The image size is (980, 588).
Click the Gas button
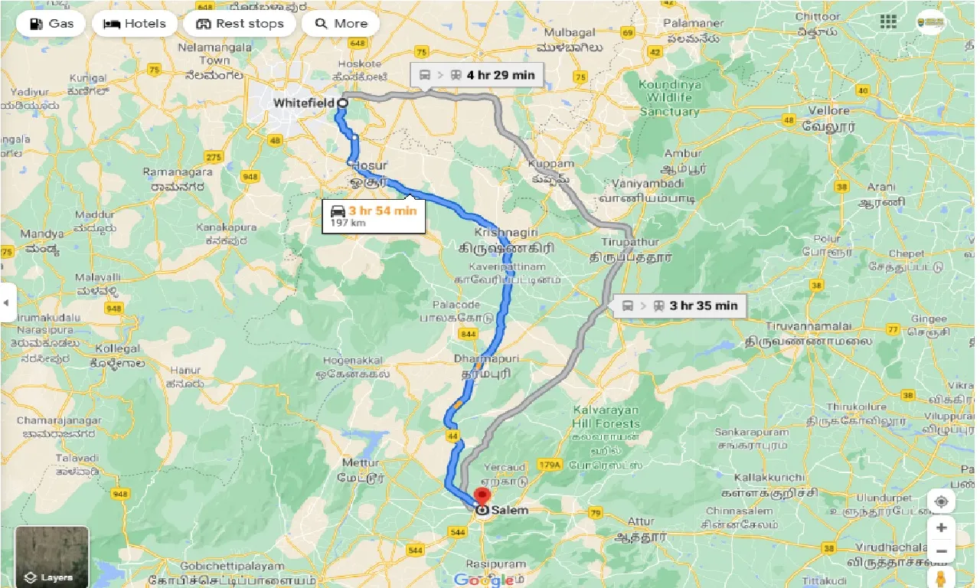click(51, 24)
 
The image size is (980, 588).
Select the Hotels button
click(135, 24)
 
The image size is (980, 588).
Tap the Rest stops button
click(240, 24)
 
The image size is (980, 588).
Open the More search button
click(341, 24)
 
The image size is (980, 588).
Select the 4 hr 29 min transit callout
click(476, 75)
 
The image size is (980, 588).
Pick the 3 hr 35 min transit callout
click(679, 305)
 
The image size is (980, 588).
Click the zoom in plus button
click(941, 528)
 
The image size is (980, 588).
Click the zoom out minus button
click(941, 551)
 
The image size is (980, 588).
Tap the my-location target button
click(941, 501)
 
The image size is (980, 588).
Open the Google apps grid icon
click(888, 21)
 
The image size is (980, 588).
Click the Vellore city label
click(829, 110)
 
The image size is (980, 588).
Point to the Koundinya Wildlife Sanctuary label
click(669, 98)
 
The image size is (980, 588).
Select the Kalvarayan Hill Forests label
click(606, 417)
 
